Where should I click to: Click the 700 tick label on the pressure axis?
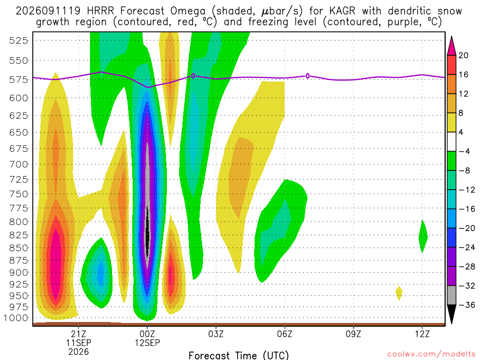(18, 165)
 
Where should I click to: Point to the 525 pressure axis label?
(18, 40)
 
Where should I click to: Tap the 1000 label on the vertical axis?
(16, 318)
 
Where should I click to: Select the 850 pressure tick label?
(18, 248)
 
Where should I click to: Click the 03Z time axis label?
(216, 334)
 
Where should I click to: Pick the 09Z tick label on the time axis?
(353, 334)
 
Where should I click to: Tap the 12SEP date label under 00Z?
(148, 343)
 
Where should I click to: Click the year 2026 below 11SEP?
(79, 352)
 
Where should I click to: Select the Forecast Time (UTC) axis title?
(239, 355)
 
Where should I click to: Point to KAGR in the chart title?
(342, 11)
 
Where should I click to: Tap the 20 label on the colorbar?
(463, 55)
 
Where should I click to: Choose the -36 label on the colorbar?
(467, 305)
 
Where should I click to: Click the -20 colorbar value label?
(467, 228)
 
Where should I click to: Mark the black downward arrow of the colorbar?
(451, 314)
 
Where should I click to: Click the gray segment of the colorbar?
(451, 295)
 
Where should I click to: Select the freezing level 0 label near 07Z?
(307, 76)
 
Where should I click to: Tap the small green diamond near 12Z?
(423, 236)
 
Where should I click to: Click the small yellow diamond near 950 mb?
(398, 293)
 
